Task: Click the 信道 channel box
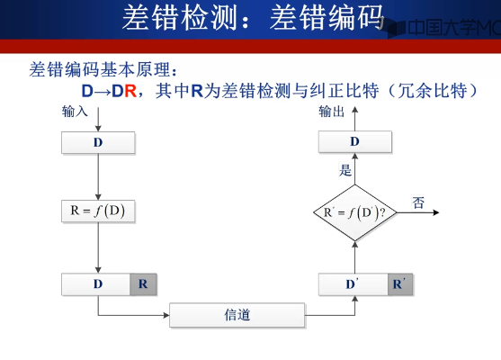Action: click(x=237, y=315)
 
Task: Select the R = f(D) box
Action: click(x=98, y=211)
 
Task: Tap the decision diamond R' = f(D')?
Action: click(x=354, y=212)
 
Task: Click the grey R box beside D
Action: click(x=143, y=283)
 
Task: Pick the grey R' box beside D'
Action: click(x=400, y=284)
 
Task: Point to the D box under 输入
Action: click(x=98, y=142)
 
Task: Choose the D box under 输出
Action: click(x=355, y=141)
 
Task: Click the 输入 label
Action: click(x=75, y=112)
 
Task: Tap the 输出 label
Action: click(x=331, y=112)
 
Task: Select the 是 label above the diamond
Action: click(x=345, y=170)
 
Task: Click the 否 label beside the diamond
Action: click(x=418, y=202)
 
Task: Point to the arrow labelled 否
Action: click(x=418, y=212)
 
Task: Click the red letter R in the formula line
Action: click(x=130, y=91)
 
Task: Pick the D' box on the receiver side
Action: click(x=353, y=284)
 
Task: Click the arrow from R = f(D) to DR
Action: click(x=98, y=247)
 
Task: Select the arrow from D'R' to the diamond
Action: click(x=354, y=257)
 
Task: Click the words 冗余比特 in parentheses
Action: click(x=433, y=91)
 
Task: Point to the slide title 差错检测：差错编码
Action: click(x=253, y=18)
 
